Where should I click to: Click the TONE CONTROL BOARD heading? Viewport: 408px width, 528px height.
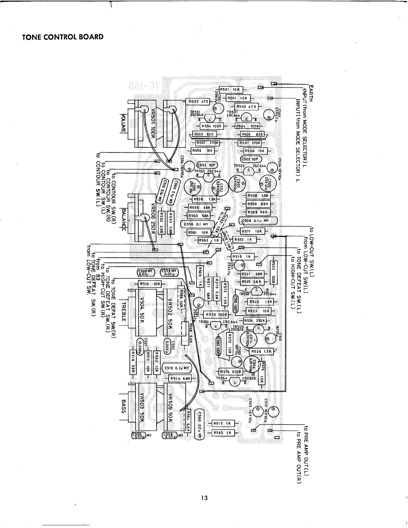click(63, 37)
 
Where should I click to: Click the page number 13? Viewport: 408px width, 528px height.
click(204, 498)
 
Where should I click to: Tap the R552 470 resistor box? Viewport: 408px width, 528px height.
click(198, 101)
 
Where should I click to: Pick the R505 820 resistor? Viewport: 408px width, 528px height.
click(252, 135)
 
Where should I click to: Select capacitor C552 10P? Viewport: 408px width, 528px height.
click(207, 165)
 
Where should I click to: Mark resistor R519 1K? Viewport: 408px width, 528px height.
click(243, 257)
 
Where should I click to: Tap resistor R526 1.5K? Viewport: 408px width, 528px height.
click(262, 351)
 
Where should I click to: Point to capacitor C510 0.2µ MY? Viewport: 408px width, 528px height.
click(176, 368)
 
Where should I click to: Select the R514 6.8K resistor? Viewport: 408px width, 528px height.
click(180, 379)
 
